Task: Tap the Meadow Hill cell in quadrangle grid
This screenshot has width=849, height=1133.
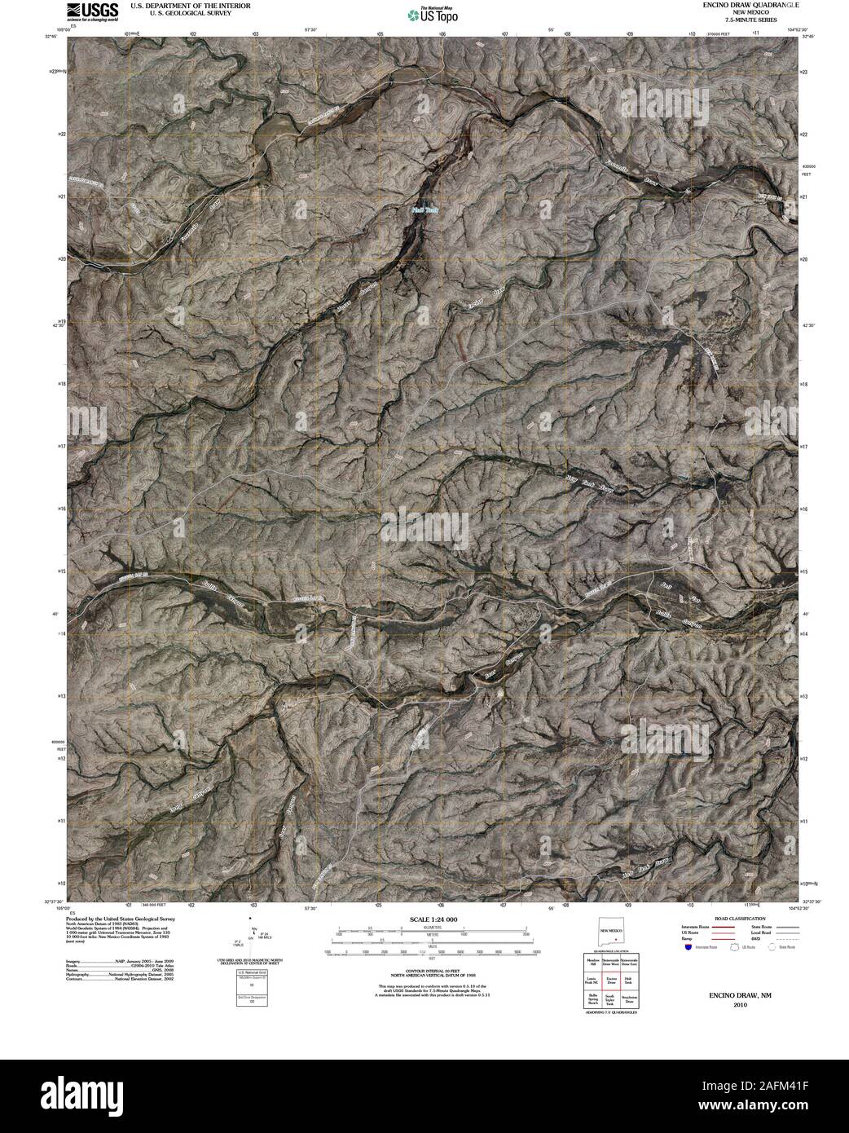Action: (x=593, y=963)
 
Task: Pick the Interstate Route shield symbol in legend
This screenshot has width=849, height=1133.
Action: (x=689, y=948)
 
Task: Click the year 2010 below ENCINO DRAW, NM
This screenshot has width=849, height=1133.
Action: (x=739, y=1005)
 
